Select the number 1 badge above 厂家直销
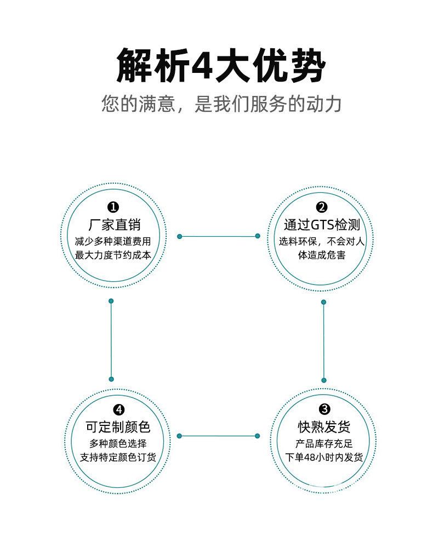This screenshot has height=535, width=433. point(113,207)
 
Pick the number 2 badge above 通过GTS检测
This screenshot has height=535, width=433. point(322,207)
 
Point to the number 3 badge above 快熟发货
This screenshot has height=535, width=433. point(324,409)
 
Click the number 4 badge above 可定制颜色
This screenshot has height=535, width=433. point(118,409)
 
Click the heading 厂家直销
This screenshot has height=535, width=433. point(114,225)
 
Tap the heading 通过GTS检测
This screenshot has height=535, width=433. point(322,225)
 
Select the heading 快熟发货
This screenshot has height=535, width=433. point(324,427)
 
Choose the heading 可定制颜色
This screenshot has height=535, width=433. point(118,428)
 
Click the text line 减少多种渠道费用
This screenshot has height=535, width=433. point(113,241)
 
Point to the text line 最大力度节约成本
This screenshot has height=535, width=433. point(113,255)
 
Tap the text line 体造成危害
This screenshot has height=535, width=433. point(322,255)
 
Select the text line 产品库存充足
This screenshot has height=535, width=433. point(324,443)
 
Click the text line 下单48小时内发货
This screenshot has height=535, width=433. point(324,457)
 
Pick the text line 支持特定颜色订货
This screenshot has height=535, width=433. point(118,457)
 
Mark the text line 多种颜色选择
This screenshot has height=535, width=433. point(118,443)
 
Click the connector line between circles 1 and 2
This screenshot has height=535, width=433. point(218,236)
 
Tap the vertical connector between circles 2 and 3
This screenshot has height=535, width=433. point(323,340)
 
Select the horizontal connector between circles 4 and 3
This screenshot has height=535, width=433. point(218,436)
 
